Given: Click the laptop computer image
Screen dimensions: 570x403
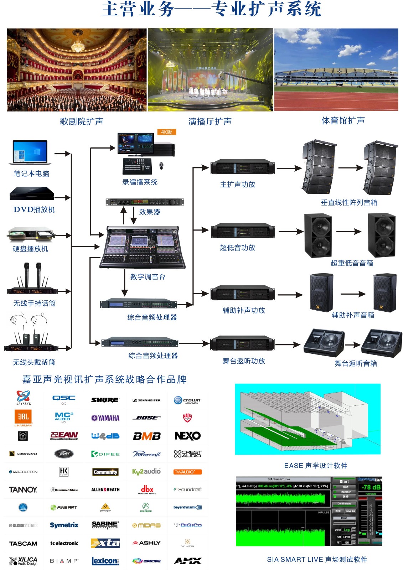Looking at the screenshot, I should click(30, 152).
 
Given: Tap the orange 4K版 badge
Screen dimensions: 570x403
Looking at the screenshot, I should click(166, 132).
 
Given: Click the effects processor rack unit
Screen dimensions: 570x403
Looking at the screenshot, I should click(145, 202).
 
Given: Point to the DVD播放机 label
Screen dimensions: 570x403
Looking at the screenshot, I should click(34, 209).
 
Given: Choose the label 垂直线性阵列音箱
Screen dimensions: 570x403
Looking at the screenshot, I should click(349, 203).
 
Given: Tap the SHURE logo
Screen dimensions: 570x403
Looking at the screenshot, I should click(105, 400).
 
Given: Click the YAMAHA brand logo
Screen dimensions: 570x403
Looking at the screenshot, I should click(105, 418).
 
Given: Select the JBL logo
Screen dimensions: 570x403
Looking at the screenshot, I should click(24, 417).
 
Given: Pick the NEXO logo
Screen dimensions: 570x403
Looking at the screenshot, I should click(187, 436).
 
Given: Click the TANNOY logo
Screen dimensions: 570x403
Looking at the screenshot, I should click(23, 489).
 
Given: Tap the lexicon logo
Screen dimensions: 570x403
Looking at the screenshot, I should click(105, 561).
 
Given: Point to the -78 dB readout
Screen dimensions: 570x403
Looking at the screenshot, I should click(371, 487).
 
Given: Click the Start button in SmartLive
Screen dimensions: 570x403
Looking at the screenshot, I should click(344, 481).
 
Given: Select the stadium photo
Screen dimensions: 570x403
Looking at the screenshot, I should click(336, 70).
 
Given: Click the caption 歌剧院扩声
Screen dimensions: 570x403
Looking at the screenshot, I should click(82, 121).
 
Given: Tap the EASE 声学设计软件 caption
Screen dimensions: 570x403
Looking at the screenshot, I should click(316, 466).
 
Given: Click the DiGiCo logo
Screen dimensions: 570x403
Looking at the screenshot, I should click(188, 525).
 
